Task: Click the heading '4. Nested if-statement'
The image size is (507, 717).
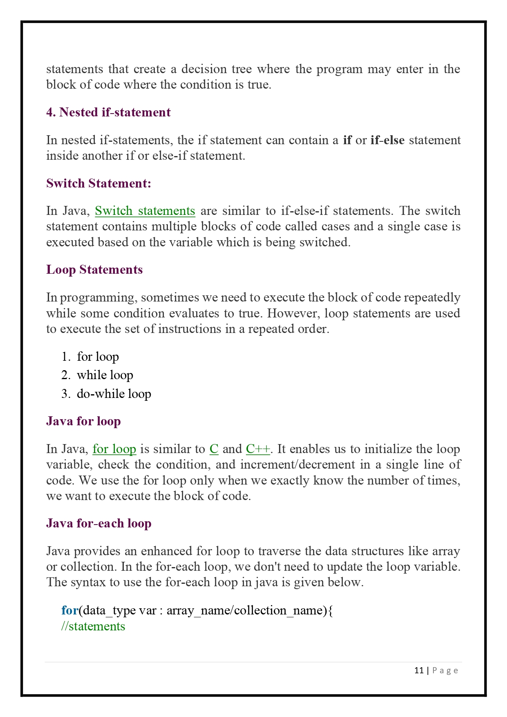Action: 108,112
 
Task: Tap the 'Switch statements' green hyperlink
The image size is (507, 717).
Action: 145,211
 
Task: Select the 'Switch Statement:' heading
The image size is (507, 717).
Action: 98,183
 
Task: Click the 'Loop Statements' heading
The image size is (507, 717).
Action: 94,270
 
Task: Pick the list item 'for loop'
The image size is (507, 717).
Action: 98,357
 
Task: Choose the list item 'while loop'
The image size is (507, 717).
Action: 105,375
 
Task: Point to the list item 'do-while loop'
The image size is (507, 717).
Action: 114,394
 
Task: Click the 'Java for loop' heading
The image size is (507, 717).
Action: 83,421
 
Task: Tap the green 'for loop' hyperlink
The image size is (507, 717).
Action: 114,449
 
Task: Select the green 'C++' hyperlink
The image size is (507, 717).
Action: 258,449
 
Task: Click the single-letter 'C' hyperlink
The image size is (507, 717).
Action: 214,449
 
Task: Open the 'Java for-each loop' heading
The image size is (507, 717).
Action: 98,523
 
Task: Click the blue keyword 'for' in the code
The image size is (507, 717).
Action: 69,610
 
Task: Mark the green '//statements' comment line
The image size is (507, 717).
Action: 93,626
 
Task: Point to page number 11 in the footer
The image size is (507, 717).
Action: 419,670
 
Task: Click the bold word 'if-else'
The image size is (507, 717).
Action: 387,140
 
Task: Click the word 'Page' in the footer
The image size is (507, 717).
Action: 445,670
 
